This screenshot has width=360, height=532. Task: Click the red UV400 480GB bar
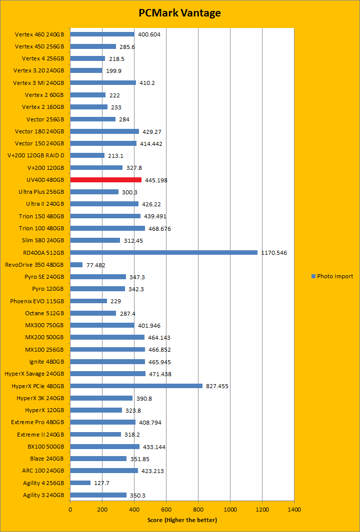point(105,180)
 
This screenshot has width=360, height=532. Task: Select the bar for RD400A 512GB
point(163,252)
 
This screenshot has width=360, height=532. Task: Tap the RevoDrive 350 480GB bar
point(76,265)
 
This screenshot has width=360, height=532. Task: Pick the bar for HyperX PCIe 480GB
point(136,386)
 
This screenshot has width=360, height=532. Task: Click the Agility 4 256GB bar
point(80,483)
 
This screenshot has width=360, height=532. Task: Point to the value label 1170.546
point(274,253)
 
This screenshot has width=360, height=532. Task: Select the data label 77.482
point(96,265)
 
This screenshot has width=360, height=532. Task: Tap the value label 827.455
point(217,386)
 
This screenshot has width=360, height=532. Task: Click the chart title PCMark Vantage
point(179,13)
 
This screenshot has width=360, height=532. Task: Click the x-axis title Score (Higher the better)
point(182,520)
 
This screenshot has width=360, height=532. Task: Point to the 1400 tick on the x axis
point(294,510)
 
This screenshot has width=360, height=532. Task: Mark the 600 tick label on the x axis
point(166,510)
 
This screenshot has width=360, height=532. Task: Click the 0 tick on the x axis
point(70,510)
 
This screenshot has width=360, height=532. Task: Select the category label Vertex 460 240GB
point(39,34)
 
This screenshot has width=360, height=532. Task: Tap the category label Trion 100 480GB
point(41,228)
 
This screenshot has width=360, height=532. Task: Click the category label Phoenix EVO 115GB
point(37,301)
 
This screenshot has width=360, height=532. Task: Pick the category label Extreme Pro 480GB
point(37,422)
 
